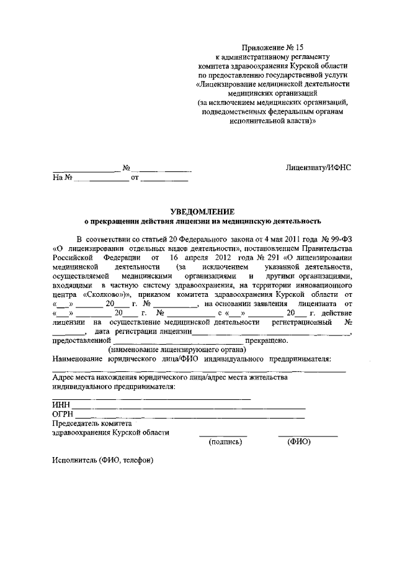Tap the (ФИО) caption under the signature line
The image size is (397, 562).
coord(299,442)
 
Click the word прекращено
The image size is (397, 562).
coord(267,340)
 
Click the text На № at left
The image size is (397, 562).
coord(63,178)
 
